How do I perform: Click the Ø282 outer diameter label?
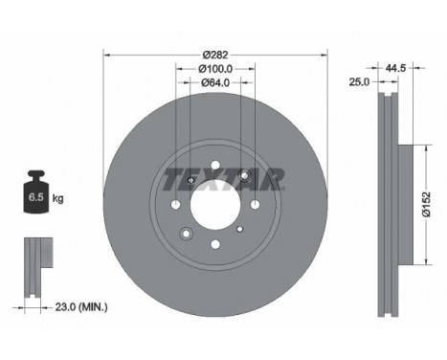[x=215, y=55]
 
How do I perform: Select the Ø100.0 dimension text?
[x=215, y=69]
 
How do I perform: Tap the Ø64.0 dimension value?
[x=215, y=82]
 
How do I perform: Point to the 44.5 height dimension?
[x=395, y=68]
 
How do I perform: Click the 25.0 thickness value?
[x=359, y=82]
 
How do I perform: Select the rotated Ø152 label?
[x=426, y=205]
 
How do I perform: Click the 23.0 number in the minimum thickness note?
[x=66, y=307]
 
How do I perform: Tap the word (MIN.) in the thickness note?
[x=93, y=307]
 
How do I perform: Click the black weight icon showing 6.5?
[x=37, y=191]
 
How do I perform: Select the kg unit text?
[x=57, y=198]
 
